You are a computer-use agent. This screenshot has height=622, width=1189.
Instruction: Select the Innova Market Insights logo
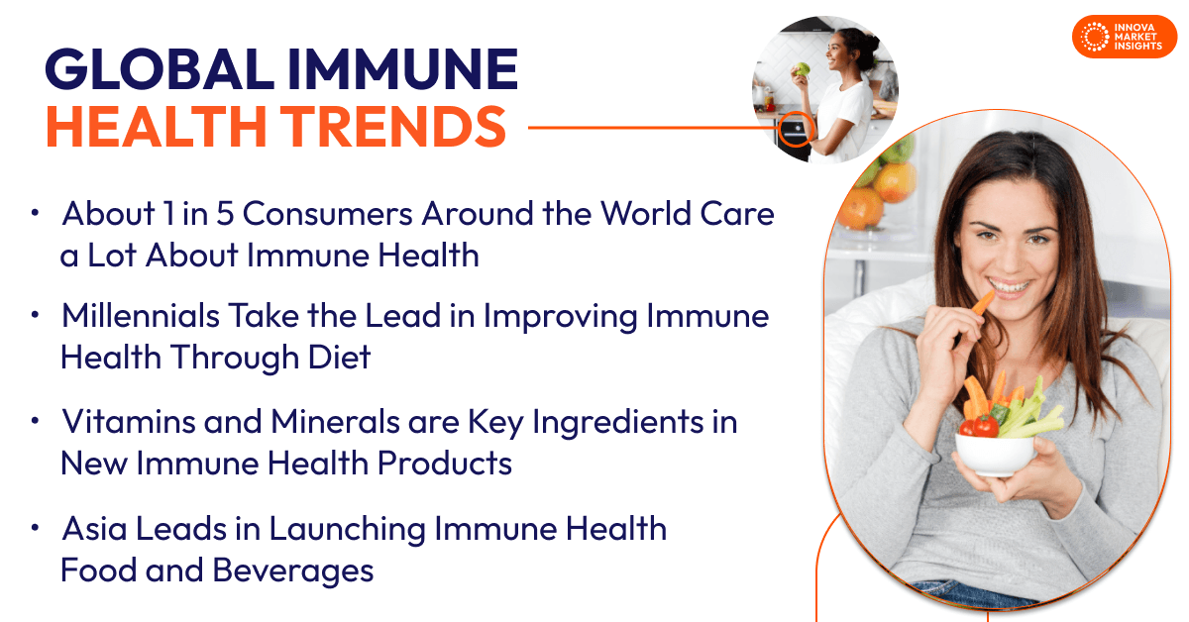click(1124, 37)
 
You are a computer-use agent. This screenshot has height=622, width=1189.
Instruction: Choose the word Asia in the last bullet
click(96, 529)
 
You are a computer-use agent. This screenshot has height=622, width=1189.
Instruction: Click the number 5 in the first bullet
click(249, 213)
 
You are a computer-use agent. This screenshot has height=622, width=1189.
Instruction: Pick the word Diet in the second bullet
click(338, 358)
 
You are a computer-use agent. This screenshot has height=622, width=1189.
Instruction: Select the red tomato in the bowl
click(984, 426)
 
